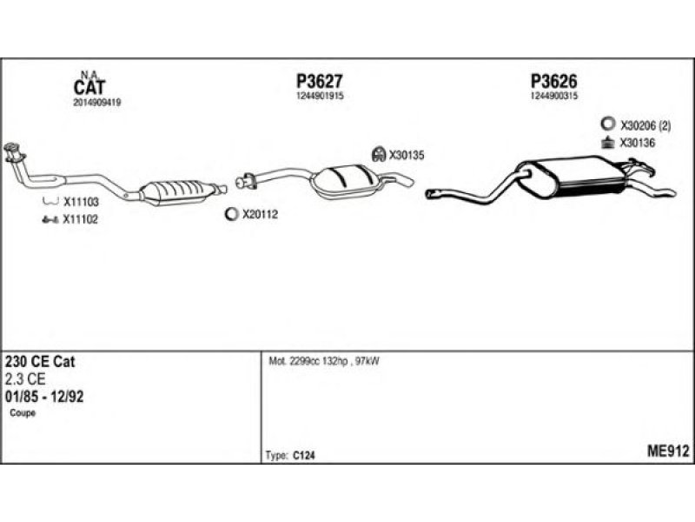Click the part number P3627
[x=319, y=81]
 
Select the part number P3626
[x=554, y=81]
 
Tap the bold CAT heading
[x=89, y=88]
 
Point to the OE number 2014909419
[x=97, y=102]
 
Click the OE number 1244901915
[x=320, y=96]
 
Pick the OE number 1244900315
[x=554, y=96]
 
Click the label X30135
[x=407, y=156]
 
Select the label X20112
[x=260, y=214]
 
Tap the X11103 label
[x=81, y=203]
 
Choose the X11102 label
[x=80, y=219]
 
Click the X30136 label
[x=638, y=143]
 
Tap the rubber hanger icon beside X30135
[x=379, y=155]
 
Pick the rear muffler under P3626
[x=572, y=177]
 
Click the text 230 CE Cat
[x=40, y=361]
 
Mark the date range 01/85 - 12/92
[x=44, y=397]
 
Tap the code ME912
[x=668, y=452]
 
